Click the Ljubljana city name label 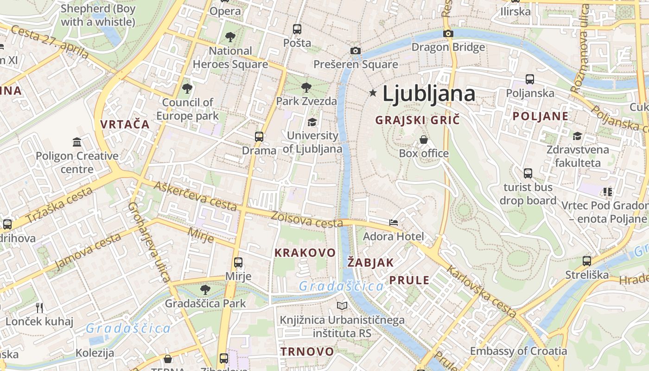(429, 94)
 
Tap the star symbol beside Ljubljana (373, 93)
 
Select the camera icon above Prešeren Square (356, 51)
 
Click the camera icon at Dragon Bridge (448, 33)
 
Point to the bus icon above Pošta (297, 29)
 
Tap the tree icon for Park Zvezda (306, 87)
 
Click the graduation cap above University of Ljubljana (312, 122)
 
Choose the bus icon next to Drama (259, 137)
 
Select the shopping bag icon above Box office (424, 140)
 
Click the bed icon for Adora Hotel (394, 223)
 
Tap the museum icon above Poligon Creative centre (77, 142)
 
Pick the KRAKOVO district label (305, 253)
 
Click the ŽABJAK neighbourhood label (370, 262)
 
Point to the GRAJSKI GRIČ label (417, 120)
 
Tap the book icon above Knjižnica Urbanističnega (342, 306)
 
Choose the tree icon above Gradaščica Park (205, 290)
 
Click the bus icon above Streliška (587, 261)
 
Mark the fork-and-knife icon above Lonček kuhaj (39, 307)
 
